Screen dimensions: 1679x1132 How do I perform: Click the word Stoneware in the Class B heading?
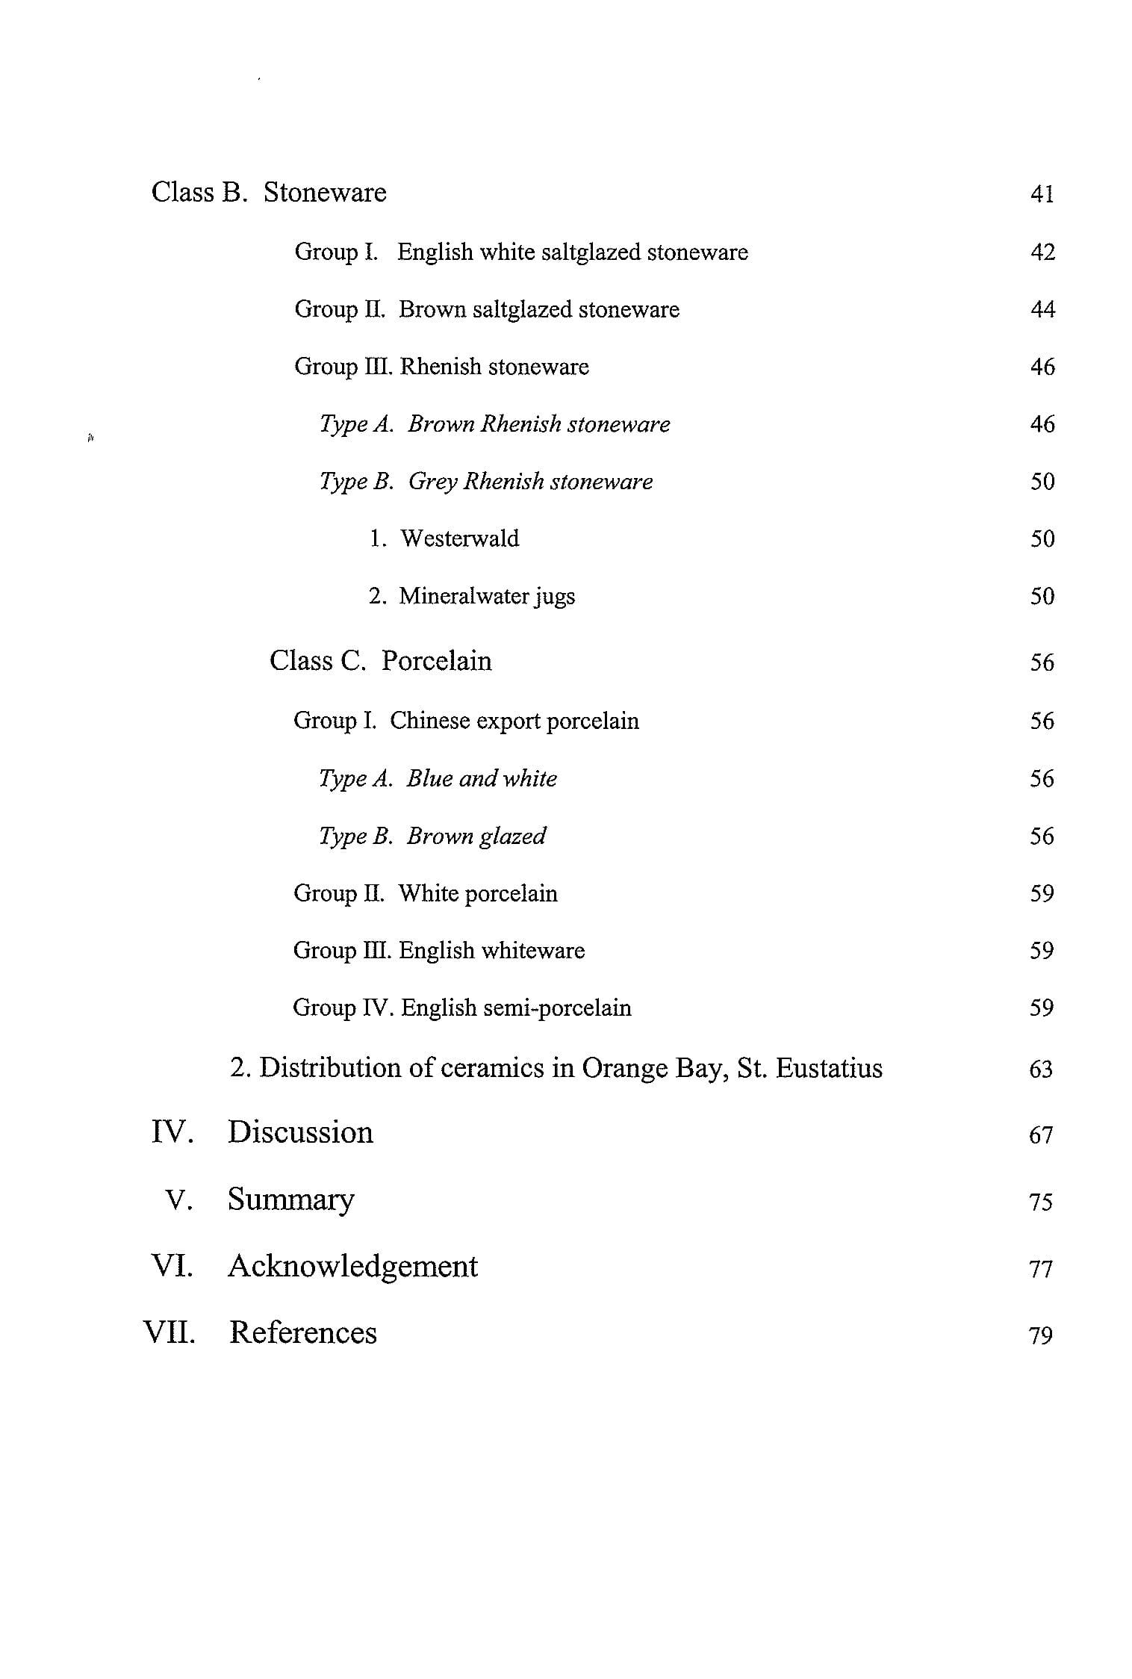(325, 193)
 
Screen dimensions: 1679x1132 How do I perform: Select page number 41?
(1042, 194)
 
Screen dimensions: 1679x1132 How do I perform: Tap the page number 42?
(1042, 252)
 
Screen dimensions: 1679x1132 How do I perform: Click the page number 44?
(1042, 309)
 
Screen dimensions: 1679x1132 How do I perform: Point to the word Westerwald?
(459, 539)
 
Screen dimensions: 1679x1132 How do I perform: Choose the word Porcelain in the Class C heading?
(436, 661)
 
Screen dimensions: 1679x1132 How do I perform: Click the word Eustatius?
(829, 1068)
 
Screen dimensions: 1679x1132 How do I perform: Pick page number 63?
(1041, 1070)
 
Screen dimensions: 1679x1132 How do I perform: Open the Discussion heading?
(300, 1132)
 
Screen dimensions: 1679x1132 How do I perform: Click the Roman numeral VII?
(170, 1332)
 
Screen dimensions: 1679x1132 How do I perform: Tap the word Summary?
(290, 1199)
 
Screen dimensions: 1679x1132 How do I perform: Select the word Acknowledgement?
(352, 1266)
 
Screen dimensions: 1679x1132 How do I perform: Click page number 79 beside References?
(1040, 1335)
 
